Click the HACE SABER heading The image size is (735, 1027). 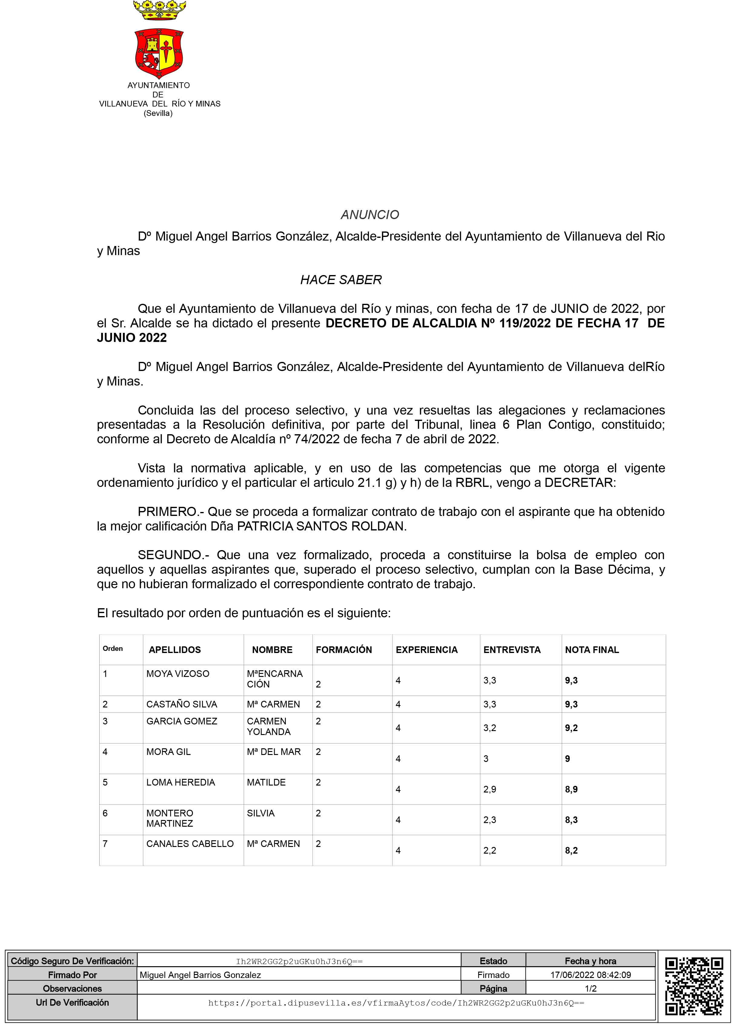[341, 280]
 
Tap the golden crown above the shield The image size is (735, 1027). [159, 10]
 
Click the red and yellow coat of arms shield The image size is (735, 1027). [159, 53]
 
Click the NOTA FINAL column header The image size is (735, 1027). [591, 650]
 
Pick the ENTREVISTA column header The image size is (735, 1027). [512, 650]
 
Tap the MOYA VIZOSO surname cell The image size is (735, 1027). [178, 674]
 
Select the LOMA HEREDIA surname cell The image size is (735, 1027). [180, 782]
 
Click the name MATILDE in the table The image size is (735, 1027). [266, 782]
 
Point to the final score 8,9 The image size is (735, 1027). [571, 789]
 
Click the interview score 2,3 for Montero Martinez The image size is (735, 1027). [490, 820]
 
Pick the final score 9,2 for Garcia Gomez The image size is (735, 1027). [571, 728]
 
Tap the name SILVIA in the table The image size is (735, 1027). [261, 813]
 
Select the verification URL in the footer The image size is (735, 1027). [396, 1003]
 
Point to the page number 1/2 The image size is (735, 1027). [590, 989]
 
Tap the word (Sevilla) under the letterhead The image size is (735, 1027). [158, 113]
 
